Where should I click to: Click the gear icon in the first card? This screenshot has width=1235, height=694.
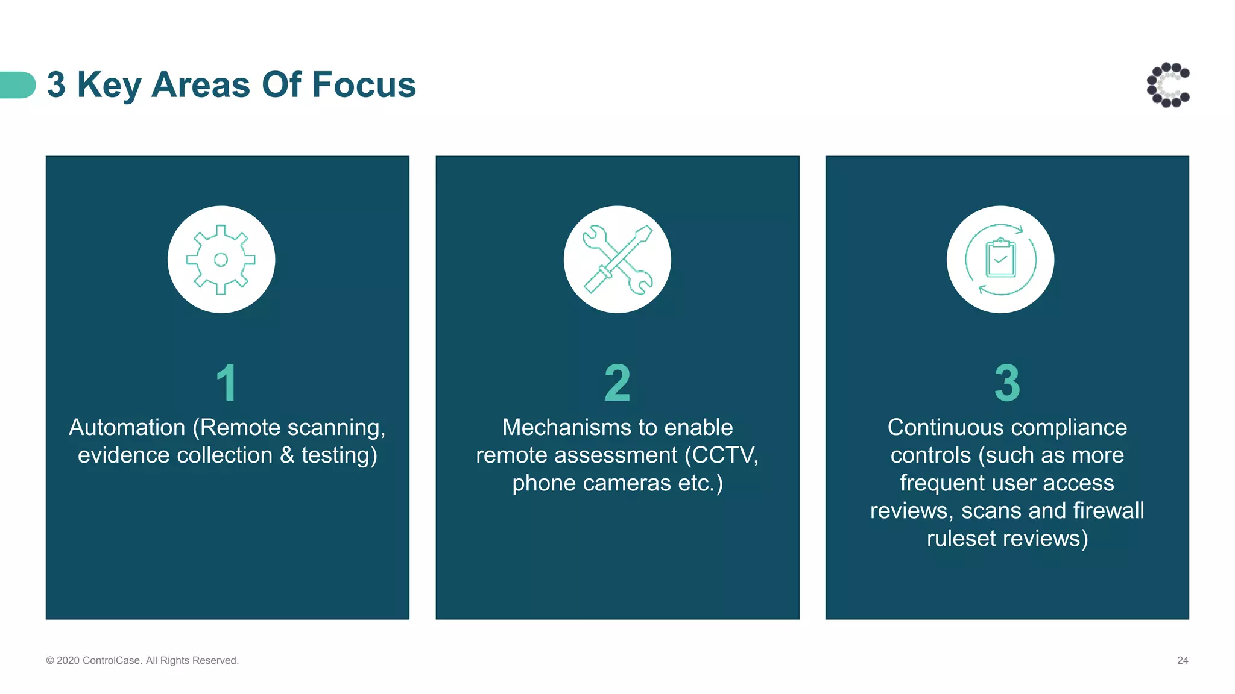coord(221,260)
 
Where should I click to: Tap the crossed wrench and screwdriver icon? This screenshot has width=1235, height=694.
coord(617,260)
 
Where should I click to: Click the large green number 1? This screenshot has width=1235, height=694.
coord(227,383)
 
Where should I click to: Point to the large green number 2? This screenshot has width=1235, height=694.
coord(617,383)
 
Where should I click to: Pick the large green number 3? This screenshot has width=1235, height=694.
coord(1007,383)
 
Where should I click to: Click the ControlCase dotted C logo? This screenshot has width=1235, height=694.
coord(1168,85)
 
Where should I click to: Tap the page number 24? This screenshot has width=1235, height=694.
coord(1183,660)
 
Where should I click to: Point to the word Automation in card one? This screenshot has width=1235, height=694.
coord(127,427)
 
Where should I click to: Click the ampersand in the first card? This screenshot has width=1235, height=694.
coord(287,455)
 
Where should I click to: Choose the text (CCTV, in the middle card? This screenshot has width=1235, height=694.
coord(721,455)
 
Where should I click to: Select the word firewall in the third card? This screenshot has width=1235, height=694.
coord(1108,511)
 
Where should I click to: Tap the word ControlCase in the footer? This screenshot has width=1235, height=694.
coord(112,660)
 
